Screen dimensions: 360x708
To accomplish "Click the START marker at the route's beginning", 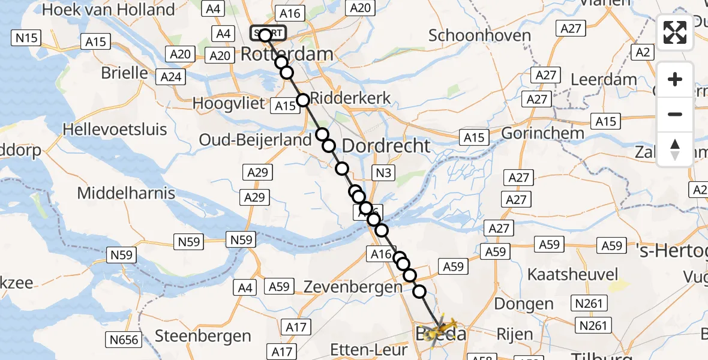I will click(269, 34).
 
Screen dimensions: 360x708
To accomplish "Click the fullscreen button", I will click(675, 32).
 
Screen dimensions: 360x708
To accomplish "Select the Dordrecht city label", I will click(386, 145).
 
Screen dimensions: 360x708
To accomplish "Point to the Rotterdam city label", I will click(287, 54).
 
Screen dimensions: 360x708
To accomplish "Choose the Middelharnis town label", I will click(127, 193).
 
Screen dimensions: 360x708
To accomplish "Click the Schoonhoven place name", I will click(479, 35).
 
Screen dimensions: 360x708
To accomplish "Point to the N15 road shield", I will click(26, 38).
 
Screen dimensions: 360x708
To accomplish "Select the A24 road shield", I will click(170, 77).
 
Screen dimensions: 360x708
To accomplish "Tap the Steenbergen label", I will click(203, 335).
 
